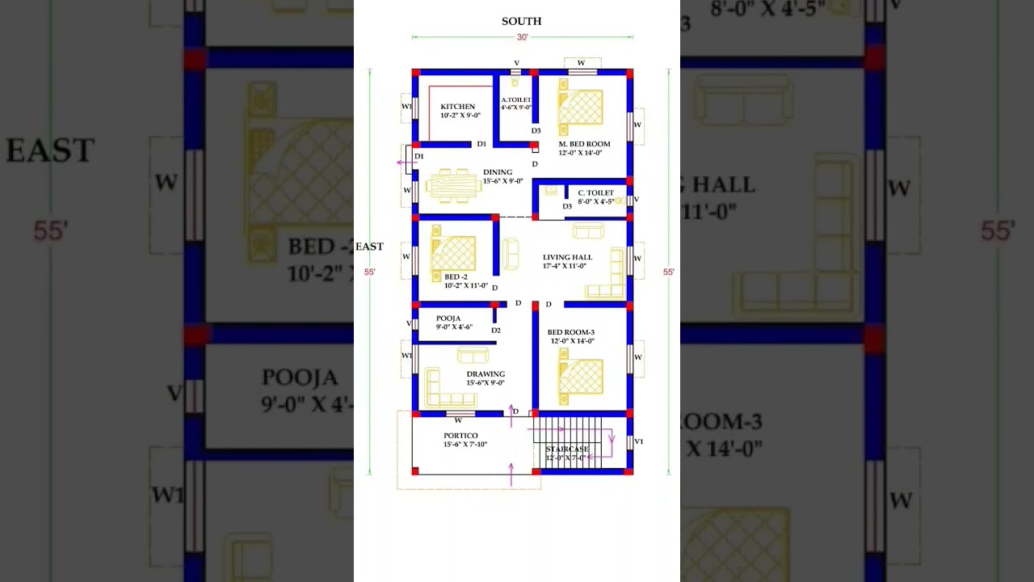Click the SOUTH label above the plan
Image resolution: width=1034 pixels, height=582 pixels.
coord(522,22)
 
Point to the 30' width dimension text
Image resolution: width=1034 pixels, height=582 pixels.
coord(523,37)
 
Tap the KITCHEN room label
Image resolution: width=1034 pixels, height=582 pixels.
coord(458,107)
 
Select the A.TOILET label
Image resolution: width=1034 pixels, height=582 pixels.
coord(516,100)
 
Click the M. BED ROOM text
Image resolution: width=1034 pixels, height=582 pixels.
coord(584,144)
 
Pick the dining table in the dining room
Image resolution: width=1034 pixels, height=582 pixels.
coord(453,185)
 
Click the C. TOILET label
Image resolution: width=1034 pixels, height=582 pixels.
coord(595,193)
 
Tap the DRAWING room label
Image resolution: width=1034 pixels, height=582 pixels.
coord(485,374)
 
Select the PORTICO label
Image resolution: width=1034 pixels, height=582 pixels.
coord(460,436)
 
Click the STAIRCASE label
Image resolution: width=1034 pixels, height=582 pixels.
coord(567,449)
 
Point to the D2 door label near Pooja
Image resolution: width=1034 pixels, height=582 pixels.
coord(496,331)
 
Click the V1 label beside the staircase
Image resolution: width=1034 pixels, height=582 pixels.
coord(639,441)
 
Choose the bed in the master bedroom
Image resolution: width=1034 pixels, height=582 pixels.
coord(581,108)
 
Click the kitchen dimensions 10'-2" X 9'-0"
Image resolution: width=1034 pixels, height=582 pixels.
coord(460,116)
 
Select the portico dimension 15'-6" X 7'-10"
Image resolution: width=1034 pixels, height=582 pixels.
coord(465,445)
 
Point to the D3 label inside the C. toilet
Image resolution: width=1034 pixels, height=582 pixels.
coord(567,207)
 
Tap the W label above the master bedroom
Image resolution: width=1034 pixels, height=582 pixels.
coord(581,63)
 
